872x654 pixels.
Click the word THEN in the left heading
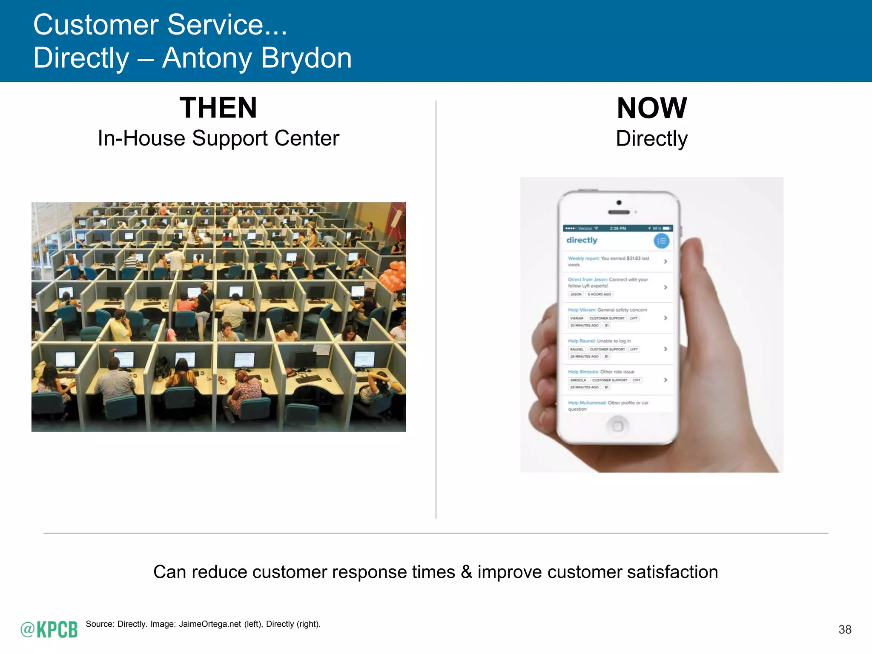tap(218, 108)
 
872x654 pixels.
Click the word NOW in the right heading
tap(651, 108)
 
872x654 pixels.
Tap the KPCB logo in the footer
tap(49, 629)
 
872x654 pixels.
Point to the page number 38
tap(845, 629)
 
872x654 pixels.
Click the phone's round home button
tap(617, 426)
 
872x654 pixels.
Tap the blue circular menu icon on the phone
tap(661, 241)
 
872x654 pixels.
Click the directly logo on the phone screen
tap(582, 240)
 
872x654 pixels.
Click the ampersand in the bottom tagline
tap(466, 572)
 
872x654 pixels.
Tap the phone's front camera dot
tap(619, 203)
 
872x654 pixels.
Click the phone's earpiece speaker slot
tap(619, 212)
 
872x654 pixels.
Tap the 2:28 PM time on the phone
tap(618, 229)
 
